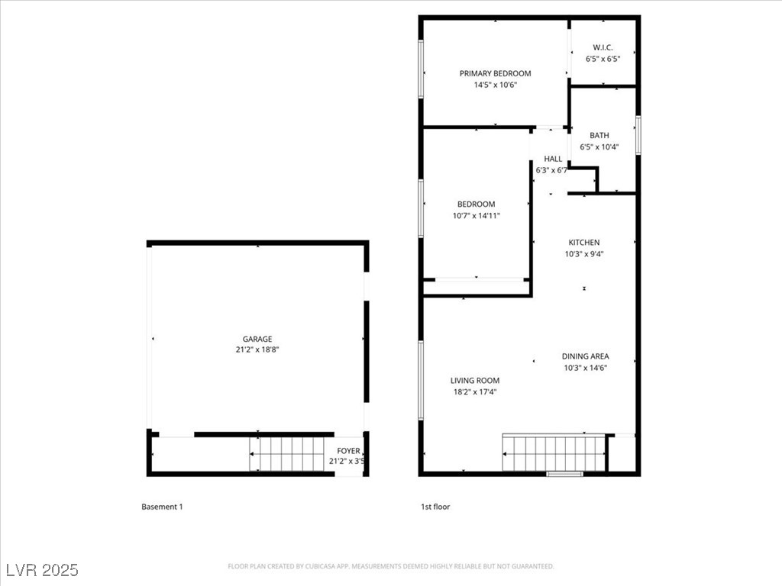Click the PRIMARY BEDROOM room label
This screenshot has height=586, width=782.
pyautogui.click(x=495, y=73)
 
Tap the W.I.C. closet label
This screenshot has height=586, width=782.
pyautogui.click(x=603, y=47)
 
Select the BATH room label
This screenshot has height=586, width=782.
pyautogui.click(x=599, y=136)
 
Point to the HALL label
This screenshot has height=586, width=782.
pyautogui.click(x=553, y=159)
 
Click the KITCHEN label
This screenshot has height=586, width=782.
pyautogui.click(x=583, y=243)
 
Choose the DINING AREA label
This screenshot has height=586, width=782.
pyautogui.click(x=585, y=356)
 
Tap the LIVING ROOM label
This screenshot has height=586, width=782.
pyautogui.click(x=474, y=381)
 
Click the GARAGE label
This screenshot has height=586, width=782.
pyautogui.click(x=257, y=340)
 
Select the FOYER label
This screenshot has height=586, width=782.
pyautogui.click(x=348, y=451)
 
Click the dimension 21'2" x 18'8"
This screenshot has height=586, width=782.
pyautogui.click(x=257, y=350)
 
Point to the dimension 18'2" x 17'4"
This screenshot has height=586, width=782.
pyautogui.click(x=474, y=391)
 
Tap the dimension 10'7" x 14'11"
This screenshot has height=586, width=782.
pyautogui.click(x=476, y=215)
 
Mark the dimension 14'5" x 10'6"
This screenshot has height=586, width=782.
pyautogui.click(x=495, y=85)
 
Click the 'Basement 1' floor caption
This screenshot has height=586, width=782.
pyautogui.click(x=162, y=507)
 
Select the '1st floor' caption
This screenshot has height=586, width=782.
pyautogui.click(x=435, y=507)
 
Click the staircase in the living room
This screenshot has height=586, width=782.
pyautogui.click(x=554, y=454)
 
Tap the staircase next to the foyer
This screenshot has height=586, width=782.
pyautogui.click(x=288, y=454)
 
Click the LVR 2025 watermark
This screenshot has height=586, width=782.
pyautogui.click(x=41, y=570)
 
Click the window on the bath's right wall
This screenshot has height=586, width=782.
pyautogui.click(x=638, y=135)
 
